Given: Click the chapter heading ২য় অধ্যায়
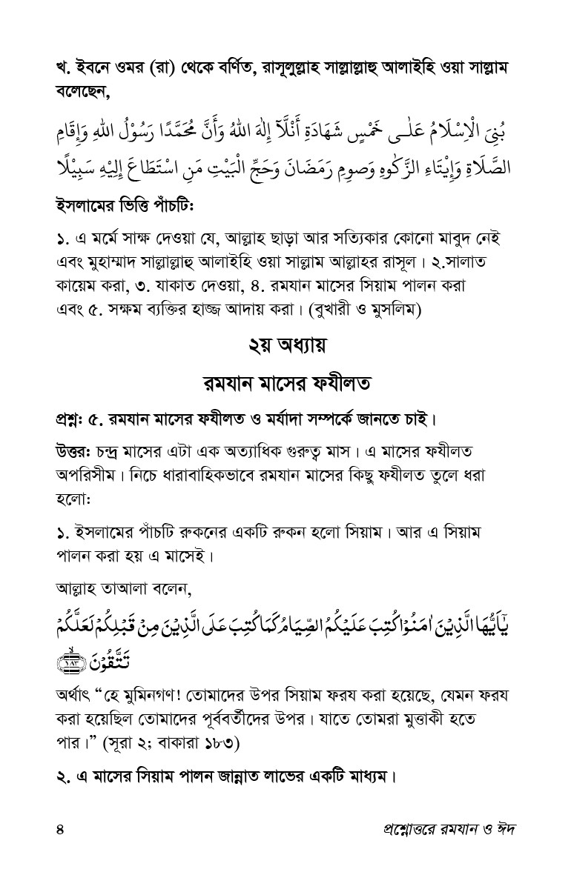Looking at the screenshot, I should click(x=287, y=346).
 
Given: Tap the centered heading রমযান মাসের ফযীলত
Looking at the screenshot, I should click(x=287, y=385).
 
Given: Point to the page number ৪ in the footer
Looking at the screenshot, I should click(x=60, y=828).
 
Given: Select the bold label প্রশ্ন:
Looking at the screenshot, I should click(x=70, y=421).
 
